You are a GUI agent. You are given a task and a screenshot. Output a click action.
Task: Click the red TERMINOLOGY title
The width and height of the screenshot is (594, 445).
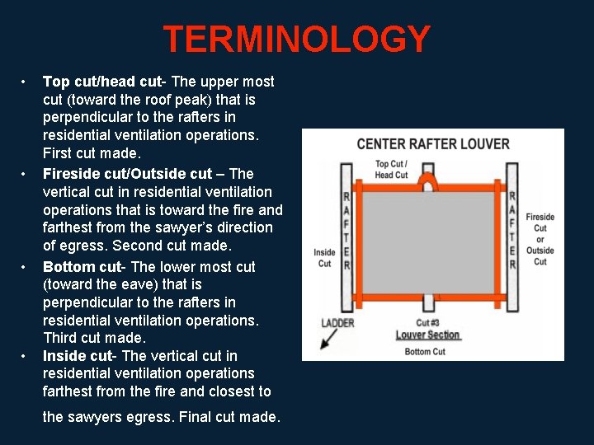click(296, 40)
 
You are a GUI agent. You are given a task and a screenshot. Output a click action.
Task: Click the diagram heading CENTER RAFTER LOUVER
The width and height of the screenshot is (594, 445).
click(433, 144)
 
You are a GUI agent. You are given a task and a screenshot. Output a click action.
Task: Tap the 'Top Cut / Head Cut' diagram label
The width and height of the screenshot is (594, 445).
click(391, 170)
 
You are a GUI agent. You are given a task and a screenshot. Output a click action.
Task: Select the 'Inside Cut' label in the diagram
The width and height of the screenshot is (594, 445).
click(324, 258)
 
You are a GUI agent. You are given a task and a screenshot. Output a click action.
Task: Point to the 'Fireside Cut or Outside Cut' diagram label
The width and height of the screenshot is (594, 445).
click(540, 239)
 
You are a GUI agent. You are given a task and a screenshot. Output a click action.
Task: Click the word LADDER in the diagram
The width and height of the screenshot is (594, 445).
click(337, 323)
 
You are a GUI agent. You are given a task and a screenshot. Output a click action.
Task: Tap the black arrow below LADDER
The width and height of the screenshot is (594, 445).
click(328, 340)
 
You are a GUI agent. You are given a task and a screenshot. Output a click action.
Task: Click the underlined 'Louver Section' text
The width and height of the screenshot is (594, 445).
click(427, 335)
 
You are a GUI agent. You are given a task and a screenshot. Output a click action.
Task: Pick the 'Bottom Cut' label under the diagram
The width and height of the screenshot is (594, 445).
click(425, 352)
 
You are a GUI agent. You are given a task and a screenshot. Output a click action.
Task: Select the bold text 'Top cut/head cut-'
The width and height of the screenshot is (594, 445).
click(105, 82)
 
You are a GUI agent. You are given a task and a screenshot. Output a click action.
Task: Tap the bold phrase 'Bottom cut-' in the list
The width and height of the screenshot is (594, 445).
click(85, 267)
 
